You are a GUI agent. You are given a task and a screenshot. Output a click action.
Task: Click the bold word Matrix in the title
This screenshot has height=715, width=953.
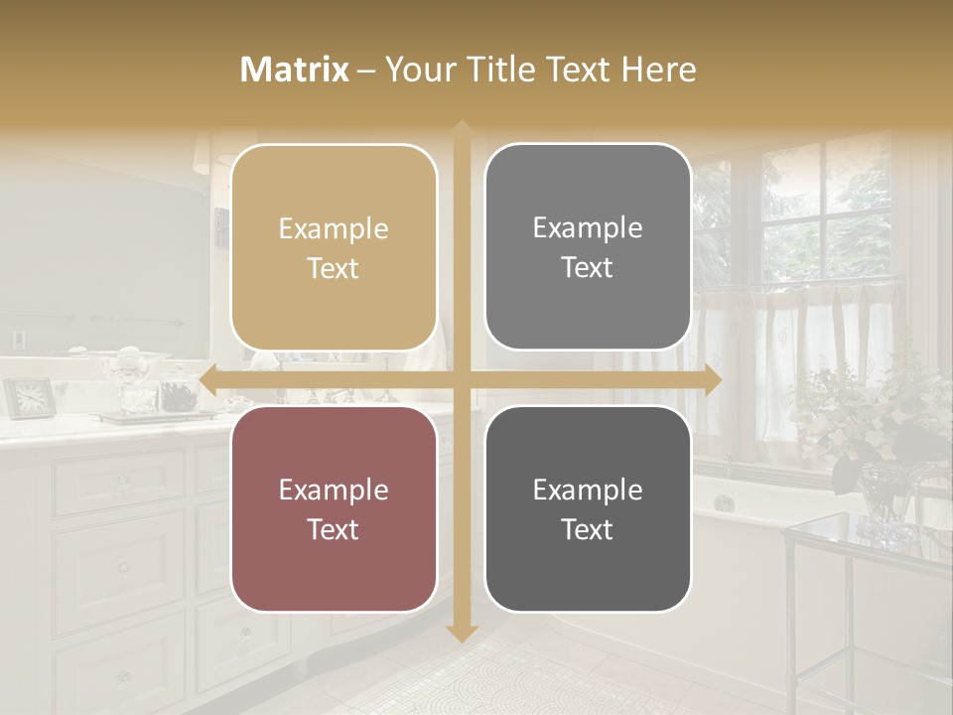coord(295,70)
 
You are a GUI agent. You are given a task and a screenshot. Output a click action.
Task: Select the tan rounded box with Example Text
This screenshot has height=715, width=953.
coord(334,247)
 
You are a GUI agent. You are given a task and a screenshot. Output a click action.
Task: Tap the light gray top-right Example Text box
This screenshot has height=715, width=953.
coord(588,247)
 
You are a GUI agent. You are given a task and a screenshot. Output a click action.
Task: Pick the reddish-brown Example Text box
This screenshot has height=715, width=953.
coord(334,508)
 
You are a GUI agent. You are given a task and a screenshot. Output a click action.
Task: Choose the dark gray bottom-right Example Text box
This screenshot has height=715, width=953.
coord(588,508)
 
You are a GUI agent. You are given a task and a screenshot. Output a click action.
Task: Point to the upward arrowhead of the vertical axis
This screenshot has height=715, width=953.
coord(462,129)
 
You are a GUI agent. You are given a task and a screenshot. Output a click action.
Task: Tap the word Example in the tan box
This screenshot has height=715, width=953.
coord(334,229)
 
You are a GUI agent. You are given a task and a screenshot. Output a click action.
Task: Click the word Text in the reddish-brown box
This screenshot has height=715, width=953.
coord(334,529)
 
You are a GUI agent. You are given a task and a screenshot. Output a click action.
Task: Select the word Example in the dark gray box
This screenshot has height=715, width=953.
coord(588,490)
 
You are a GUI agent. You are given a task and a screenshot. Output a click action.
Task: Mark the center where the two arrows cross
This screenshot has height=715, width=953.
coord(462,379)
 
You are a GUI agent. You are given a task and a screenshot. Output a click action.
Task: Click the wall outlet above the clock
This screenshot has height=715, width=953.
coord(19,340)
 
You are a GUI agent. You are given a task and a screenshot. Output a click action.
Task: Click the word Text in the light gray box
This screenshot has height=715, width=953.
coord(588,268)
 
